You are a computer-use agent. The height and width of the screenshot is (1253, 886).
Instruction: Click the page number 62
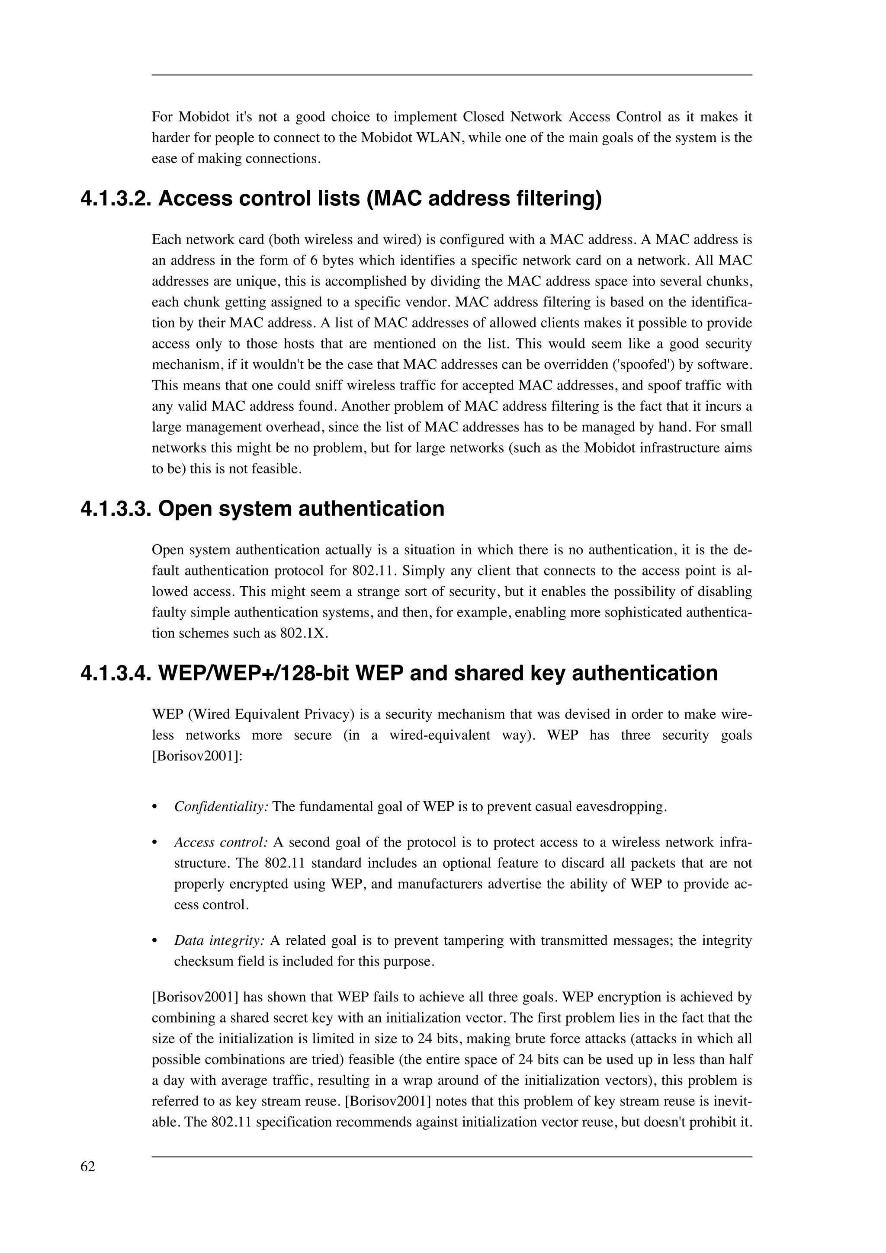click(87, 1166)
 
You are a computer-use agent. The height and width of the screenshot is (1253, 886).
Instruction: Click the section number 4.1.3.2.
click(115, 198)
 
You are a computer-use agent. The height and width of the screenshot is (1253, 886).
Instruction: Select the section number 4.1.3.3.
click(115, 508)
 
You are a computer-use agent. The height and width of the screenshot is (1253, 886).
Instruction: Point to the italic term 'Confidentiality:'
click(221, 807)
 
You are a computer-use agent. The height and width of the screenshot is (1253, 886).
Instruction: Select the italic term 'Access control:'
click(221, 842)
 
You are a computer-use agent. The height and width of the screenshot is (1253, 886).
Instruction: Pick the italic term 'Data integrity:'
click(219, 940)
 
